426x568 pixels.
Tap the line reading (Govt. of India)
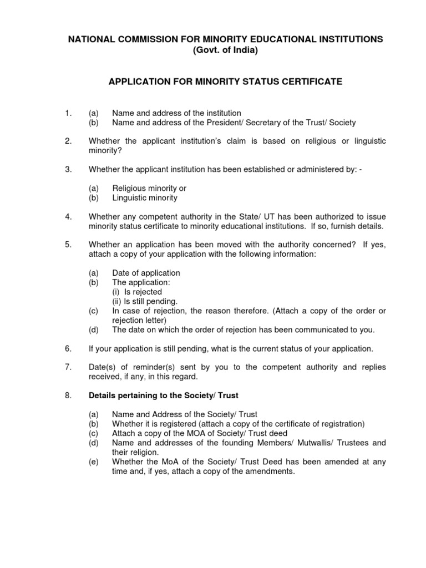click(225, 50)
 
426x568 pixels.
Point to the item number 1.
click(68, 113)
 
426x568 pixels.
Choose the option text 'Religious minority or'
click(149, 189)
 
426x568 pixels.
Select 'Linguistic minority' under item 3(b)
click(144, 197)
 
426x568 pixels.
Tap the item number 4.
click(68, 216)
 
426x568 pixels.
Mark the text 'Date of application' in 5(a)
click(146, 273)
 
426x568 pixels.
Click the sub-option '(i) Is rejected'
click(137, 292)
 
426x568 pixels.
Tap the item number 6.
click(68, 348)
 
